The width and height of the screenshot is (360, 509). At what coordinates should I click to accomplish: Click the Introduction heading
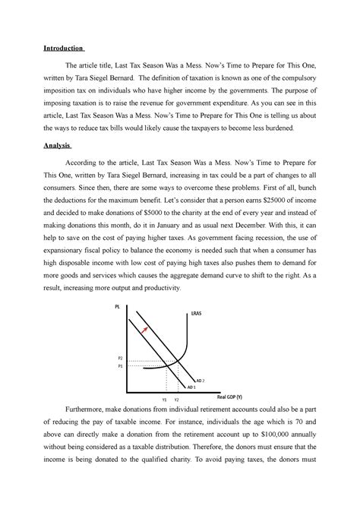pos(67,48)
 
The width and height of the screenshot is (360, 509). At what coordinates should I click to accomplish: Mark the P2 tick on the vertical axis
pos(119,359)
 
